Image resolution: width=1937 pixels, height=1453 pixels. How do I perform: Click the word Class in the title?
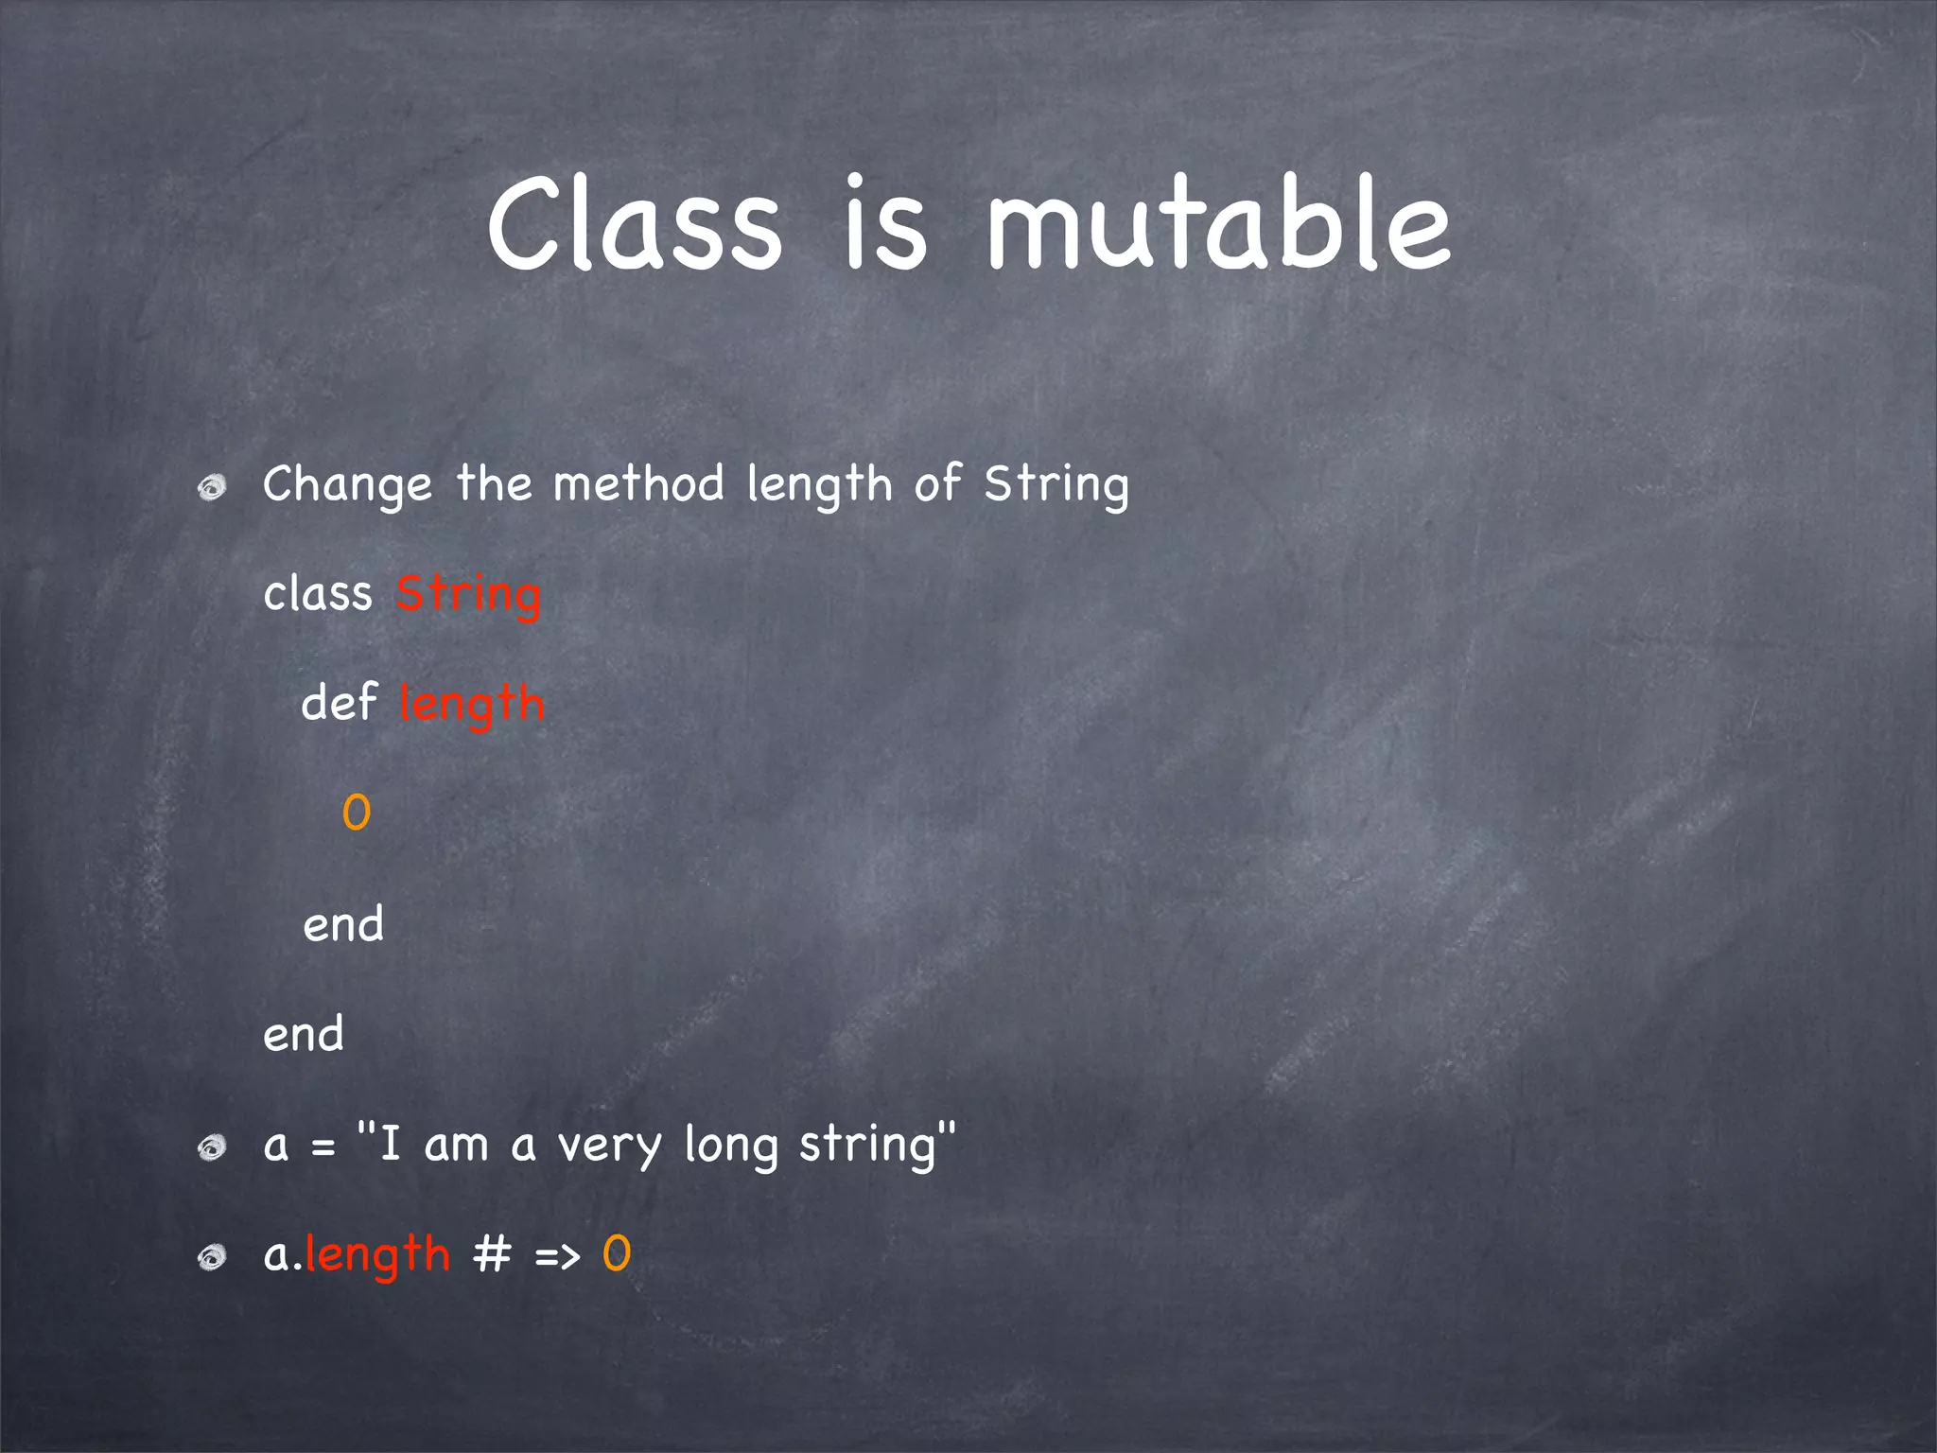coord(634,225)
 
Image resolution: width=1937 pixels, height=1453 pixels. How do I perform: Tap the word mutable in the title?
coord(1218,225)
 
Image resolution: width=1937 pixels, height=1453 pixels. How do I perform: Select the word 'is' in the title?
coord(884,225)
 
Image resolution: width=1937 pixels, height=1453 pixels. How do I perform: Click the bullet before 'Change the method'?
coord(212,488)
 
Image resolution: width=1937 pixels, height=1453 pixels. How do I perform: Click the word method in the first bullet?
coord(638,484)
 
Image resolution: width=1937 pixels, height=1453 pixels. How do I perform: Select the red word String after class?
coord(468,596)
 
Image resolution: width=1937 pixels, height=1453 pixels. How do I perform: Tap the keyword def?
coord(339,704)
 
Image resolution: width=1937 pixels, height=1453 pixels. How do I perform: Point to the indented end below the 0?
coord(343,924)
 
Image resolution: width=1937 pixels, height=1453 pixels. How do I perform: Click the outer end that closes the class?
coord(304,1034)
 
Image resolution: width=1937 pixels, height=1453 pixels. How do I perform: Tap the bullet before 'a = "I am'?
coord(212,1148)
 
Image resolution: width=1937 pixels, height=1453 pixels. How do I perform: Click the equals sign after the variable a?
coord(323,1148)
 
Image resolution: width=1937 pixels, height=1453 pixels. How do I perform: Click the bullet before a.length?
coord(212,1257)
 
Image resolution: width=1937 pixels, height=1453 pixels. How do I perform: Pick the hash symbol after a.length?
coord(492,1255)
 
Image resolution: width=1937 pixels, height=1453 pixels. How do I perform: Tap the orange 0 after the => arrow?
coord(617,1255)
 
